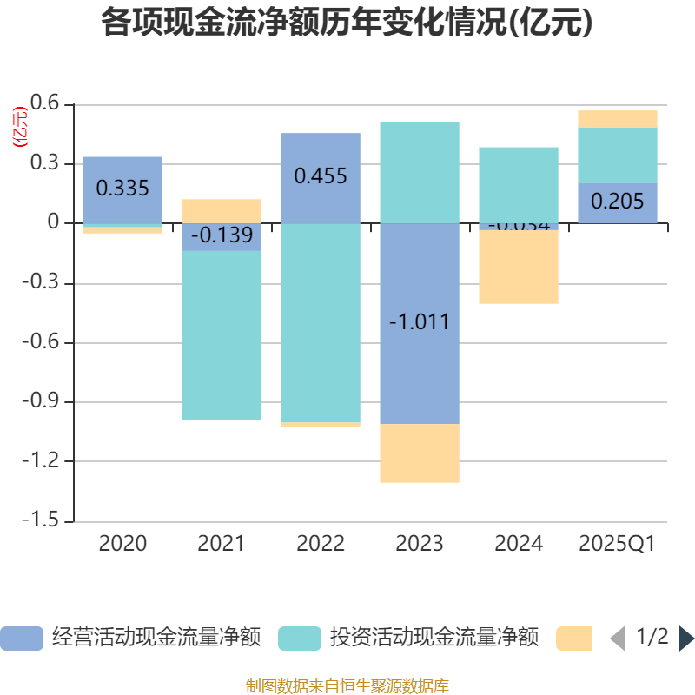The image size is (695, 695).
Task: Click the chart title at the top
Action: coord(347,23)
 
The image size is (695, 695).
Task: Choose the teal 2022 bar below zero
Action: coord(321,322)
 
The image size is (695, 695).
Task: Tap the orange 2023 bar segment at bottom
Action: coord(420,453)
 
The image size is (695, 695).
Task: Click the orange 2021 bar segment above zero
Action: coord(222,210)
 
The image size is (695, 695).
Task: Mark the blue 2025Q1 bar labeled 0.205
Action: coord(618,202)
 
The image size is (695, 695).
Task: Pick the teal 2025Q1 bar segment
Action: coord(618,155)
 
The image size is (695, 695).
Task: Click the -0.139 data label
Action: coord(222,235)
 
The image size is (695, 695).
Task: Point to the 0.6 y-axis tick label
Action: coord(45,104)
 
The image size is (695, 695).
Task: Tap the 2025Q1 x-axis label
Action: coord(618,544)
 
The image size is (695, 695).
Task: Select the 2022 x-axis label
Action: coord(321,544)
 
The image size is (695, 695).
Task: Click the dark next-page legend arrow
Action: coord(685,639)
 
